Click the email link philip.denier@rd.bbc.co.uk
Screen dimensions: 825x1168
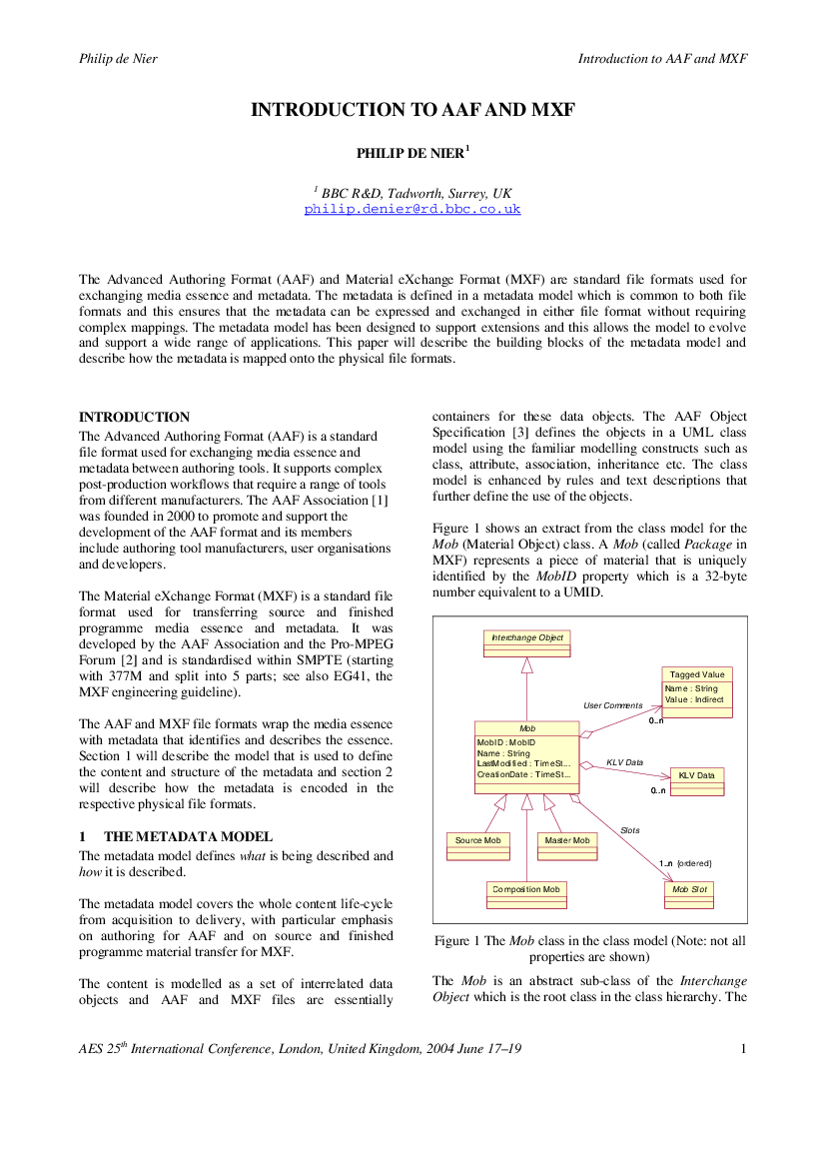pos(412,209)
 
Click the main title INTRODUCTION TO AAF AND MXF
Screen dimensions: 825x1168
pos(412,110)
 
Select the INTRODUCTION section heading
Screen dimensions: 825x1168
pos(134,418)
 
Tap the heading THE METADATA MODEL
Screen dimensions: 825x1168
pos(189,836)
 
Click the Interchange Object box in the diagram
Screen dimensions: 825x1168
pos(527,643)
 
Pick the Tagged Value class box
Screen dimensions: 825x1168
pos(697,692)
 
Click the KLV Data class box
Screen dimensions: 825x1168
pos(697,781)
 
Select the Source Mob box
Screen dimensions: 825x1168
pos(478,846)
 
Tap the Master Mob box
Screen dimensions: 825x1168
pos(567,846)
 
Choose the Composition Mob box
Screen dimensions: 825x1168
pos(526,895)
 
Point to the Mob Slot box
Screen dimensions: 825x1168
pos(689,895)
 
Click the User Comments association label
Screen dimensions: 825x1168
pos(613,705)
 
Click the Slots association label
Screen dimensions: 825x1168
pos(630,830)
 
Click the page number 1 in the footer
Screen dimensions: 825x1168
pos(743,1049)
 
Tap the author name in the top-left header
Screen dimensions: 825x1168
pos(119,59)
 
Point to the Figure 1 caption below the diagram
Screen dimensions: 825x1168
pos(589,948)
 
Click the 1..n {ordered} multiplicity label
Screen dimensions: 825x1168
pos(685,863)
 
